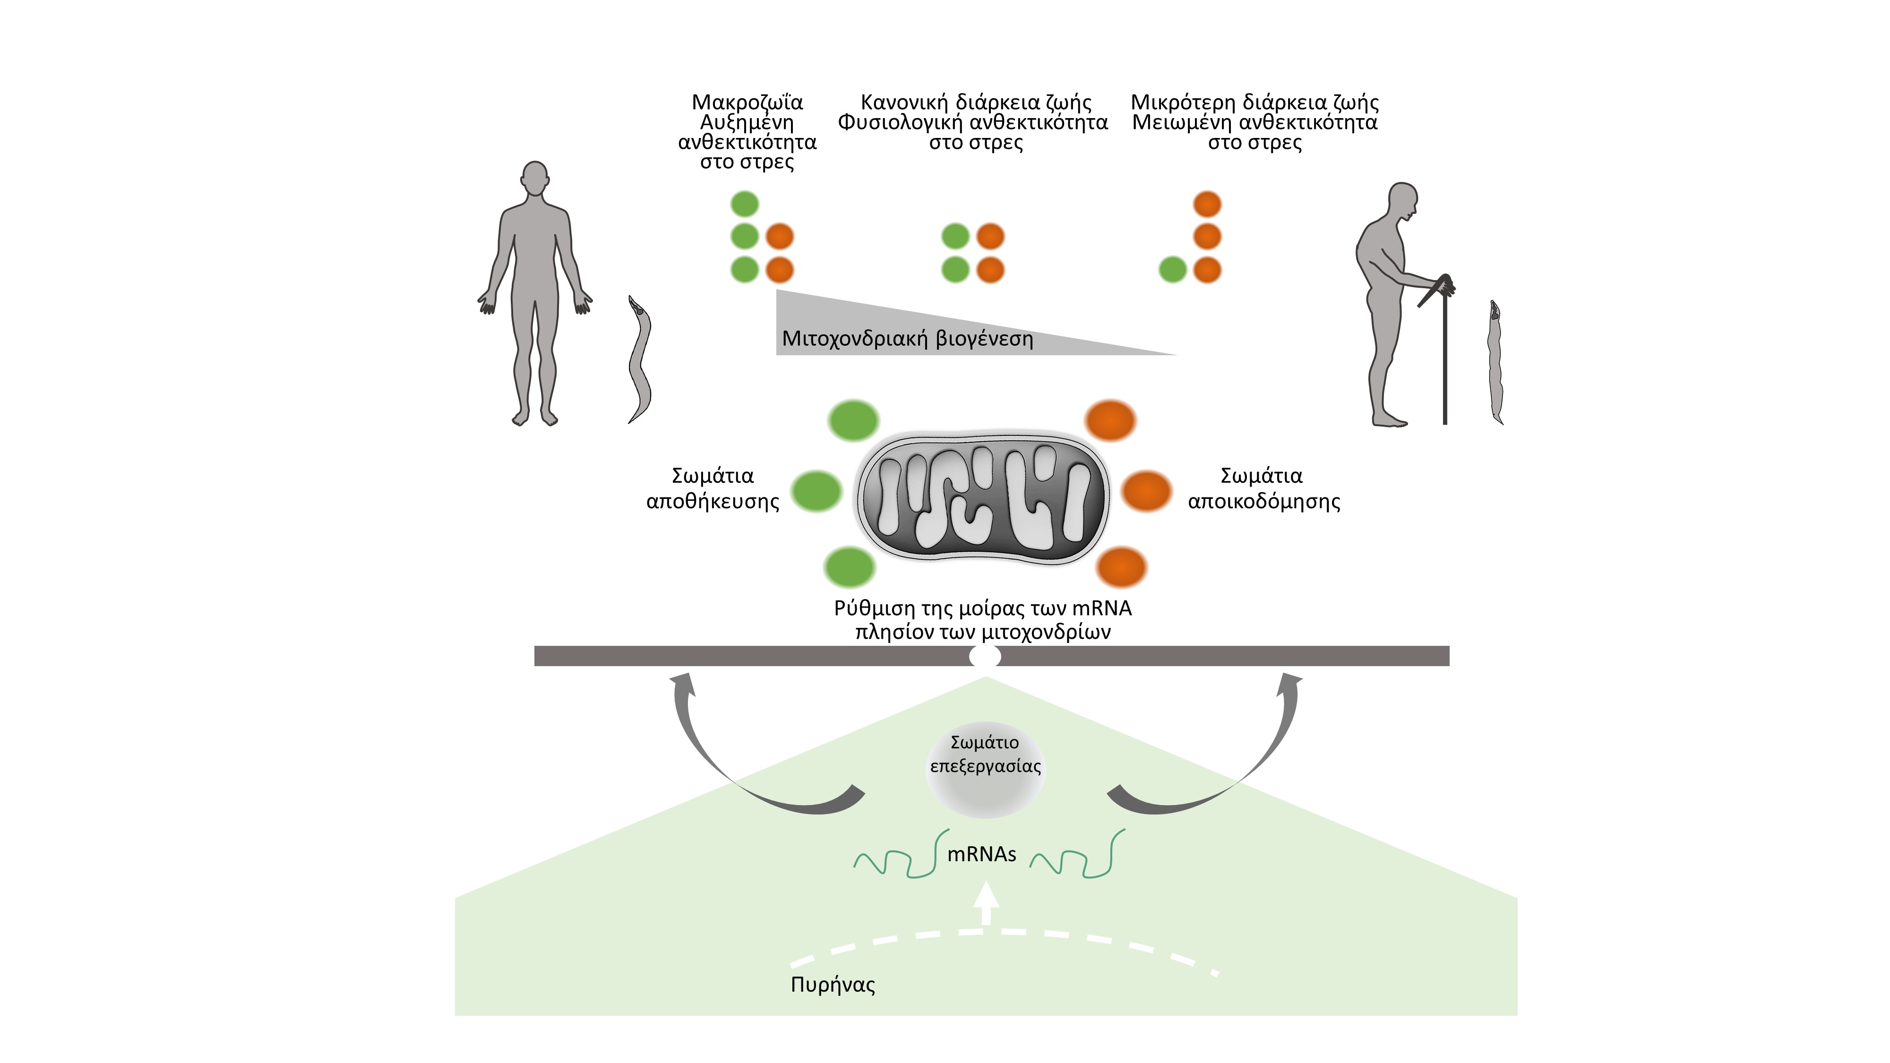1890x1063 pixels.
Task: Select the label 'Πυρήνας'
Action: tap(833, 985)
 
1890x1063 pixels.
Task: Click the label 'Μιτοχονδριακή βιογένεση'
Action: tap(907, 339)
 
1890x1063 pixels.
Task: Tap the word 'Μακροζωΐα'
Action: tap(747, 102)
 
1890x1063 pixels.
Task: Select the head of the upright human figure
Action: tap(535, 178)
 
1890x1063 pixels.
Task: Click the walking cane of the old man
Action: tap(1444, 352)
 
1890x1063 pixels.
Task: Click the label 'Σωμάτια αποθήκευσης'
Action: tap(713, 489)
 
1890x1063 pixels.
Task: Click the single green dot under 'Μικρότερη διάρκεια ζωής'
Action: tap(1172, 270)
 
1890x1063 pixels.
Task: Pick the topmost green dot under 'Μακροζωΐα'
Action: tap(745, 204)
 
